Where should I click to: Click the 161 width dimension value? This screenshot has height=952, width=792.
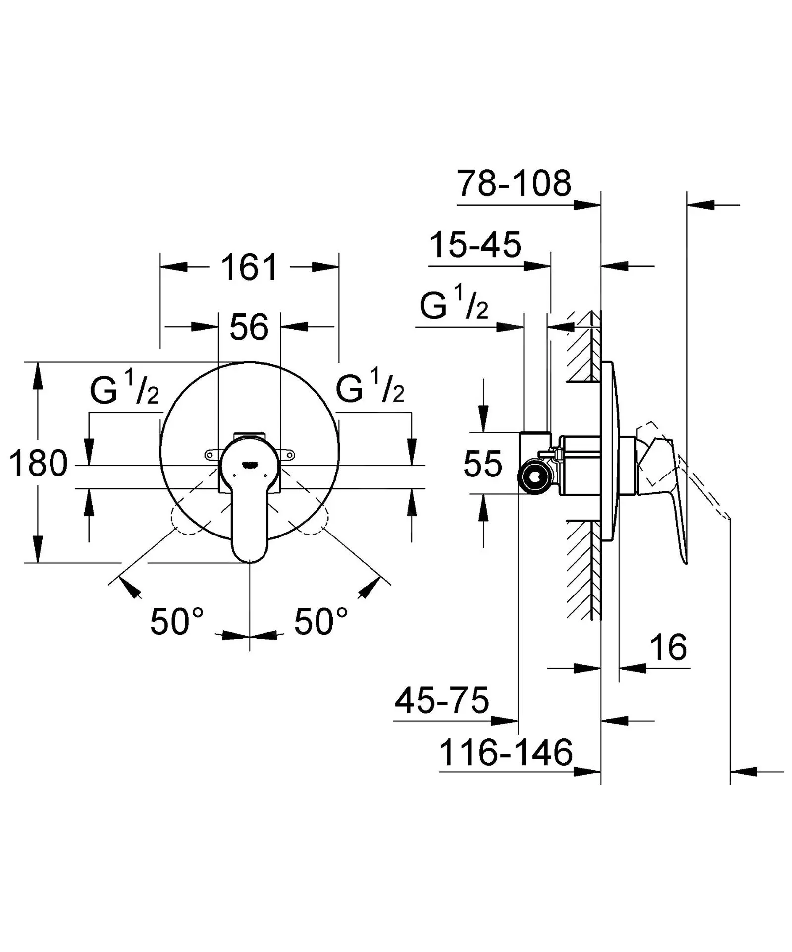click(x=249, y=268)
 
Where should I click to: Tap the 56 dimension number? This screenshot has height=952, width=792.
click(x=249, y=327)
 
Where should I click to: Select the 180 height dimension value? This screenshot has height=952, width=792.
click(x=38, y=464)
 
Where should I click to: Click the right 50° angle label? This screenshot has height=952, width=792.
click(x=321, y=622)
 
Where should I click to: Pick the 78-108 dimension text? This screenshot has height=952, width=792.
click(x=514, y=183)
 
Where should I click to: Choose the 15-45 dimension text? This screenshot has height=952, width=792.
click(x=475, y=245)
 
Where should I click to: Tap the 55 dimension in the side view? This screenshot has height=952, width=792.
click(x=482, y=464)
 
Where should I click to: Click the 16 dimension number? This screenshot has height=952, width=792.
click(x=669, y=647)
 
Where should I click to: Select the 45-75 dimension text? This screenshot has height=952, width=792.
click(x=442, y=700)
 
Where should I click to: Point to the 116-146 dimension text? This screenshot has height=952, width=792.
click(x=506, y=752)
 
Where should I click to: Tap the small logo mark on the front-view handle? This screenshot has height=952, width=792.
click(x=249, y=465)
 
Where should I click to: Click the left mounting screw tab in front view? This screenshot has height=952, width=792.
click(x=212, y=454)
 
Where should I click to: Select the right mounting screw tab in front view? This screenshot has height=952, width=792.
click(x=287, y=454)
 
